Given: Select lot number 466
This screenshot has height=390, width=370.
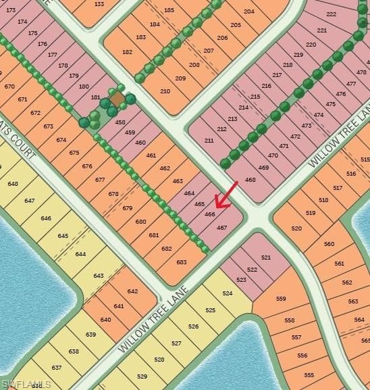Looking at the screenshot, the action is click(210, 214).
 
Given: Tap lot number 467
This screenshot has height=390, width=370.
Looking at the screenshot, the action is click(221, 228).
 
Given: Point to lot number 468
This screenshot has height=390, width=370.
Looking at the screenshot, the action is click(250, 180).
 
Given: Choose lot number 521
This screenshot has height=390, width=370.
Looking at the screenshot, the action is click(265, 258).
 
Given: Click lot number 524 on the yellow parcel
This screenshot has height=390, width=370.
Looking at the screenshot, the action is click(228, 293).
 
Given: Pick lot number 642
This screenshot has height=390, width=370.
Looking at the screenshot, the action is click(132, 291).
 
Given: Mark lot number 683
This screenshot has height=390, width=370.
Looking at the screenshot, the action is click(181, 262).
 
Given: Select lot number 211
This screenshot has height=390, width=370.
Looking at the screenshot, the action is click(209, 141).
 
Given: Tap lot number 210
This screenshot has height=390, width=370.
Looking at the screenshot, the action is click(165, 91).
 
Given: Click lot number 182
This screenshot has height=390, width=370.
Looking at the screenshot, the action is click(128, 52).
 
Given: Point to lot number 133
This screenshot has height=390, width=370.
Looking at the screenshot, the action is click(99, 4).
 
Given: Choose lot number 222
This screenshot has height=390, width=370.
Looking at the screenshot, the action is click(331, 14).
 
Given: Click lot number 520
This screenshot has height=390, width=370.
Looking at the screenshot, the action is click(296, 228).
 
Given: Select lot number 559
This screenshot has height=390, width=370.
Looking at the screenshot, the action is click(281, 299).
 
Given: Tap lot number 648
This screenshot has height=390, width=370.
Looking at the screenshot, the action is click(13, 184).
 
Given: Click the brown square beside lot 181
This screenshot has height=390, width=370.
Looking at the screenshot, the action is click(117, 99).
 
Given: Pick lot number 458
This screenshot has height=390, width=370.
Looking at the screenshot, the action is click(120, 122).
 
